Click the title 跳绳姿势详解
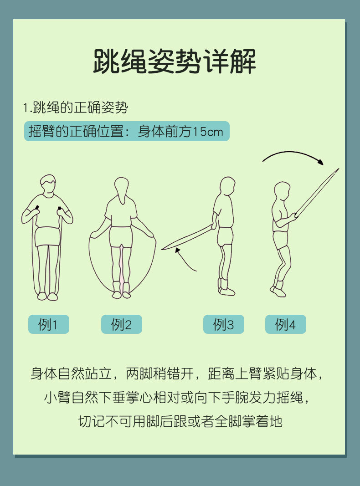[x=175, y=61]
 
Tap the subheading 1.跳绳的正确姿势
[x=75, y=107]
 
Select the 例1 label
[x=48, y=324]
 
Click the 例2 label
[x=122, y=324]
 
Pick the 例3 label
[x=224, y=324]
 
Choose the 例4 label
[x=286, y=324]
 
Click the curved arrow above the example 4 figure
[x=293, y=152]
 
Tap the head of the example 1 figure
[x=48, y=185]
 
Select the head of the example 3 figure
[x=227, y=186]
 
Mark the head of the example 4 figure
[x=282, y=191]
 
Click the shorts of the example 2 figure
[x=121, y=237]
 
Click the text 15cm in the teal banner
[x=207, y=132]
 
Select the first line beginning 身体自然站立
[x=177, y=373]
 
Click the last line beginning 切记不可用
[x=180, y=421]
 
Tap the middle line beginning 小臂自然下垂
[x=177, y=397]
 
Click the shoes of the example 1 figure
[x=47, y=297]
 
